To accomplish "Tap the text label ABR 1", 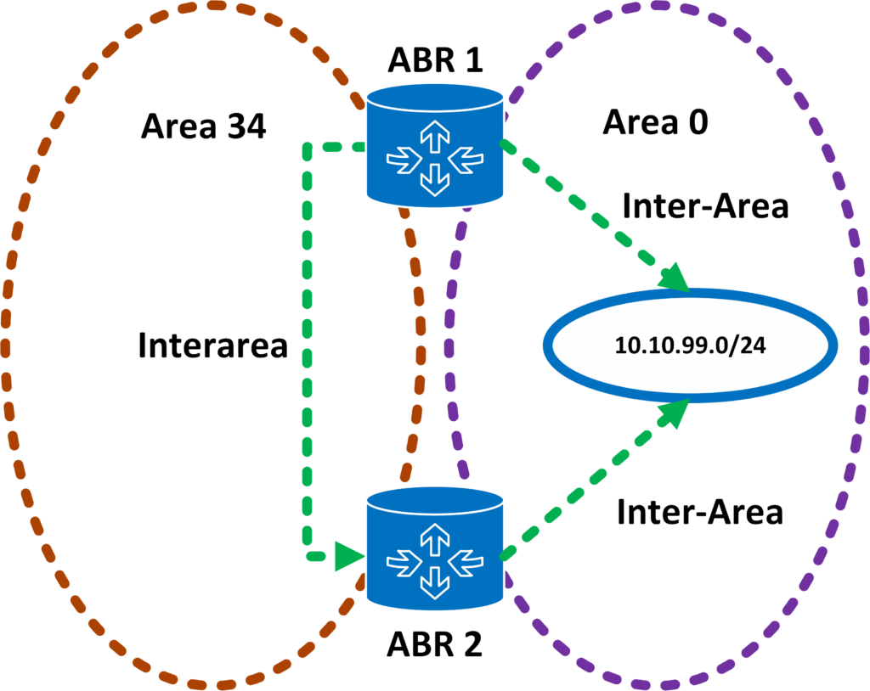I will click(x=434, y=60).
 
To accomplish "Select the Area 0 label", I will click(x=655, y=122).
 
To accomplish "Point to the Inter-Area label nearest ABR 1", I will click(x=705, y=205).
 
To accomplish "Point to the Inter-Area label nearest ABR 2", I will click(x=699, y=511).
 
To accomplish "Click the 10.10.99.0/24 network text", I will click(x=690, y=345).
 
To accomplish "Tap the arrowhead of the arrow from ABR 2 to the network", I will click(x=676, y=412).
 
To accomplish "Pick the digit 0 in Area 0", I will click(x=698, y=122).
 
